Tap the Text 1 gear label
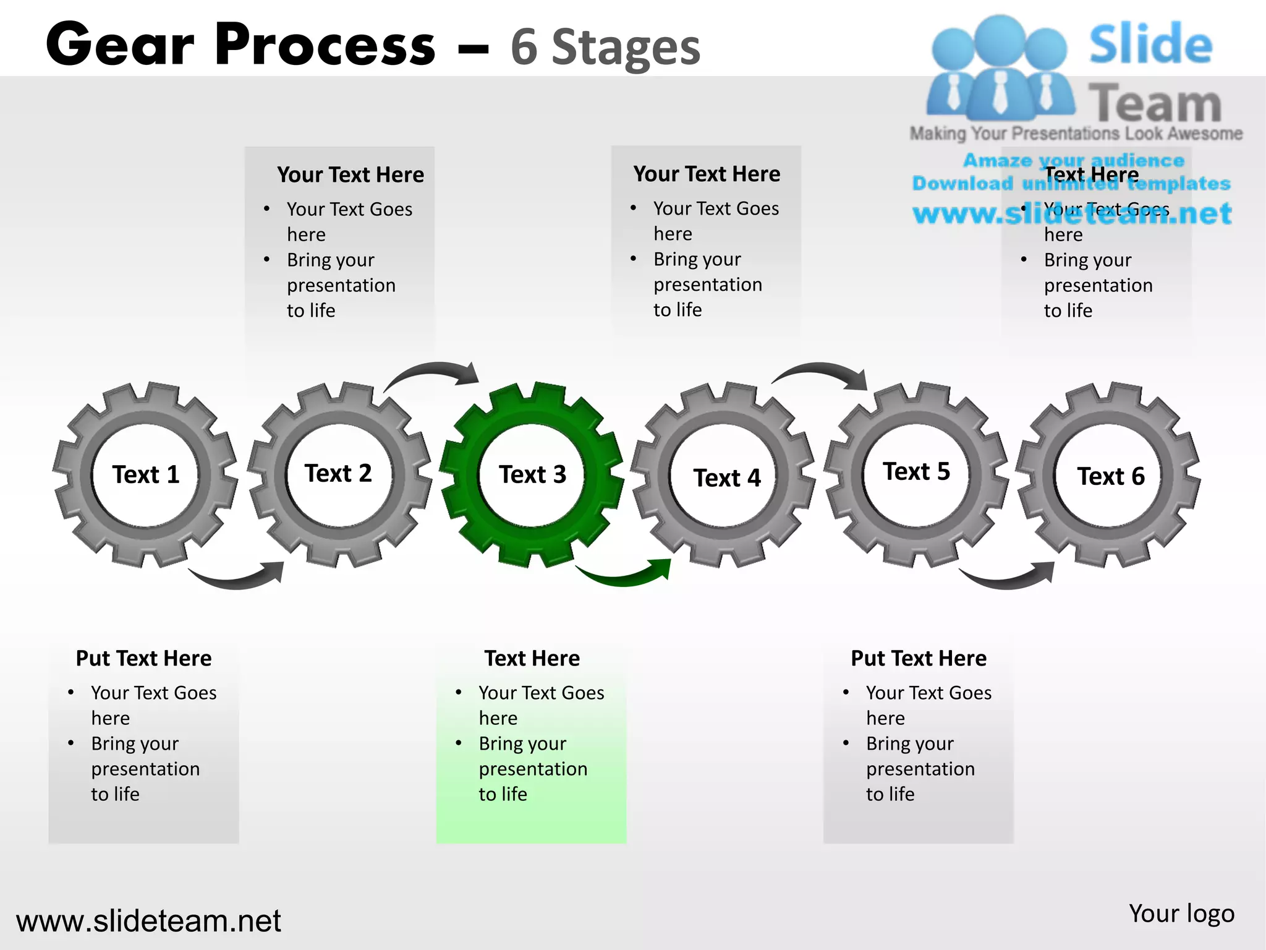(x=146, y=475)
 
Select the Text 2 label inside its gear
(x=338, y=474)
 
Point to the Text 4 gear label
(x=727, y=478)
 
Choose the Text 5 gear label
(x=916, y=472)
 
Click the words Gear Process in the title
(x=241, y=45)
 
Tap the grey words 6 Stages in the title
(x=606, y=47)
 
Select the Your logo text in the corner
(x=1181, y=914)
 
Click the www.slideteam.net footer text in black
(x=148, y=921)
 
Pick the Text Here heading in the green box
(x=532, y=658)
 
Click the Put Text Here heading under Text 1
(x=143, y=658)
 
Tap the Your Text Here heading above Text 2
(x=350, y=174)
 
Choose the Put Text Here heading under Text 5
(x=919, y=658)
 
